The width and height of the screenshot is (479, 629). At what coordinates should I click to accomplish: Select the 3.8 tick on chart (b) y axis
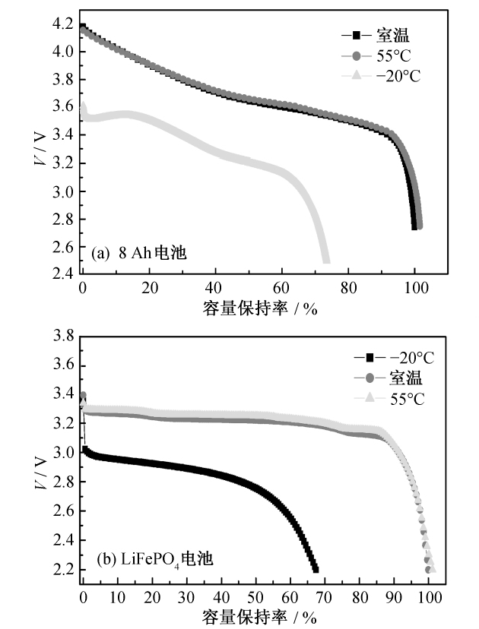click(x=65, y=337)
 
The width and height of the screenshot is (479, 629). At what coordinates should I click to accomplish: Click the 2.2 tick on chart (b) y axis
click(x=65, y=570)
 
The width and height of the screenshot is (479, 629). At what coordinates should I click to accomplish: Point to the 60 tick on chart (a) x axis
click(x=282, y=289)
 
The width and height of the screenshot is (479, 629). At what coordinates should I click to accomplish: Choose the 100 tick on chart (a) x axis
click(x=414, y=289)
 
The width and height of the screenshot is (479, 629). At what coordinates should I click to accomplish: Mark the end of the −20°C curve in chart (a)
click(x=326, y=261)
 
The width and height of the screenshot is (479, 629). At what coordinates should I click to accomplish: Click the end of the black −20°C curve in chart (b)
click(x=315, y=569)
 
